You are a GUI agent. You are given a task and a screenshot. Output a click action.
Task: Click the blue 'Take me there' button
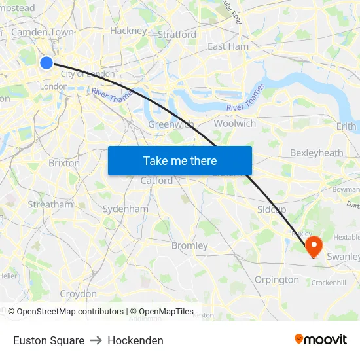180,160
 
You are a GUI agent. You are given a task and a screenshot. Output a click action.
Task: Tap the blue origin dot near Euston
46,62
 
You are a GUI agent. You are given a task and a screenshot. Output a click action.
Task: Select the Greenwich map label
170,124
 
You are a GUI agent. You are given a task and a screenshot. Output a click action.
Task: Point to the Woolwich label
235,123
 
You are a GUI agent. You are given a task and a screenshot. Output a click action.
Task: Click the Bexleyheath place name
316,153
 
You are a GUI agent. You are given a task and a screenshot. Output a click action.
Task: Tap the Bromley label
189,245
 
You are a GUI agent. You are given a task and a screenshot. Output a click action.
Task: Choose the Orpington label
276,279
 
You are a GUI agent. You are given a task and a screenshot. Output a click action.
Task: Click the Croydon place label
78,294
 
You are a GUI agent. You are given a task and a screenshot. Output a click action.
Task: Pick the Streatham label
50,204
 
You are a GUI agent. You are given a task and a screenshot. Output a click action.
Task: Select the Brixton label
64,162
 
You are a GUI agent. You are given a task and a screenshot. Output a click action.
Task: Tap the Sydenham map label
125,209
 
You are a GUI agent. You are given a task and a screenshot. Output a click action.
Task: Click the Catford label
156,180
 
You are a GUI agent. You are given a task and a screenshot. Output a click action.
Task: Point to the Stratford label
177,34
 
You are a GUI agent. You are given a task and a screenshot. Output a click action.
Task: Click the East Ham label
228,46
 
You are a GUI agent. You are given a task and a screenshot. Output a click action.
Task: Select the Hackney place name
128,30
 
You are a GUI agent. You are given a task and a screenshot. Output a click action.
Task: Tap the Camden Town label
43,31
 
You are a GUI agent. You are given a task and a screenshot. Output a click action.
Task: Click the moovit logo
320,339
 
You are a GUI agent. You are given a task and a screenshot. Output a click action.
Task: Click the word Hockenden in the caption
135,340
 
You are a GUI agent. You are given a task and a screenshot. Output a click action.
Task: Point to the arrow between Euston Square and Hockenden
96,340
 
